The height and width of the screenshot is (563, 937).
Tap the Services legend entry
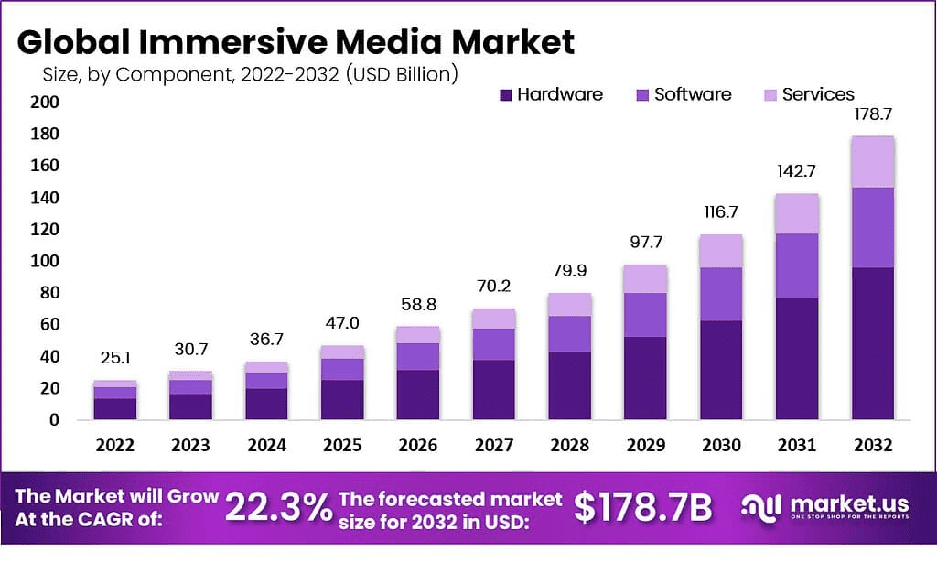click(809, 94)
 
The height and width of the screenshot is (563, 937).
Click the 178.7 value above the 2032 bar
click(871, 115)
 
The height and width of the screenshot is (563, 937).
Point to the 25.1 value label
click(114, 360)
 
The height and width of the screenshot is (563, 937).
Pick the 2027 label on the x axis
click(493, 446)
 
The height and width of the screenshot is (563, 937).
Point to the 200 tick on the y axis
click(47, 103)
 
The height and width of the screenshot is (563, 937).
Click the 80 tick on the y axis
click(51, 293)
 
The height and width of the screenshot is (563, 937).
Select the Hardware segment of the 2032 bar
click(871, 343)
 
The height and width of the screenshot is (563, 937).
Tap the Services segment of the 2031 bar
click(795, 213)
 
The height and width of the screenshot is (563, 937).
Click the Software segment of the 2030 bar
click(720, 294)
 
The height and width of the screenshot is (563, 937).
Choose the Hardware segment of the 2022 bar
click(114, 409)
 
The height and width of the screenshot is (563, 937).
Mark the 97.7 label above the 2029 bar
click(644, 244)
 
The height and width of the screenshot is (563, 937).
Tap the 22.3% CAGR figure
click(279, 507)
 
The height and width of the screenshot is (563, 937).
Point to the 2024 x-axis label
click(266, 446)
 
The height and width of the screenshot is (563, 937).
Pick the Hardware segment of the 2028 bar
click(568, 385)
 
